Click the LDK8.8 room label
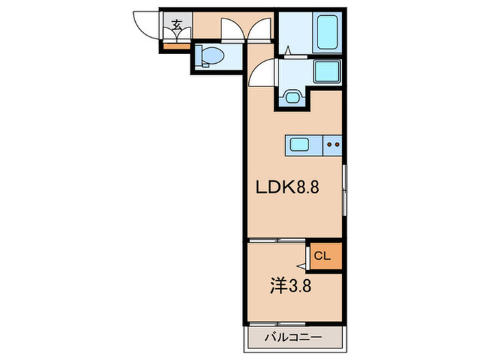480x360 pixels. tap(289, 187)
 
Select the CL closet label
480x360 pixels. tap(322, 256)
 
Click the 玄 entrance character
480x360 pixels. tap(177, 26)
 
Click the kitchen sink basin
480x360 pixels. tap(300, 144)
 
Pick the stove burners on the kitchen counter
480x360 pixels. tap(333, 144)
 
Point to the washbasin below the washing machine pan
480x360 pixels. tap(293, 97)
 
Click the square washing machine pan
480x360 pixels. tap(327, 71)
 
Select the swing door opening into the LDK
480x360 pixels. tap(261, 73)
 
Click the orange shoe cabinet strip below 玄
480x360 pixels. tap(176, 46)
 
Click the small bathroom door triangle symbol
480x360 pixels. tap(290, 50)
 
